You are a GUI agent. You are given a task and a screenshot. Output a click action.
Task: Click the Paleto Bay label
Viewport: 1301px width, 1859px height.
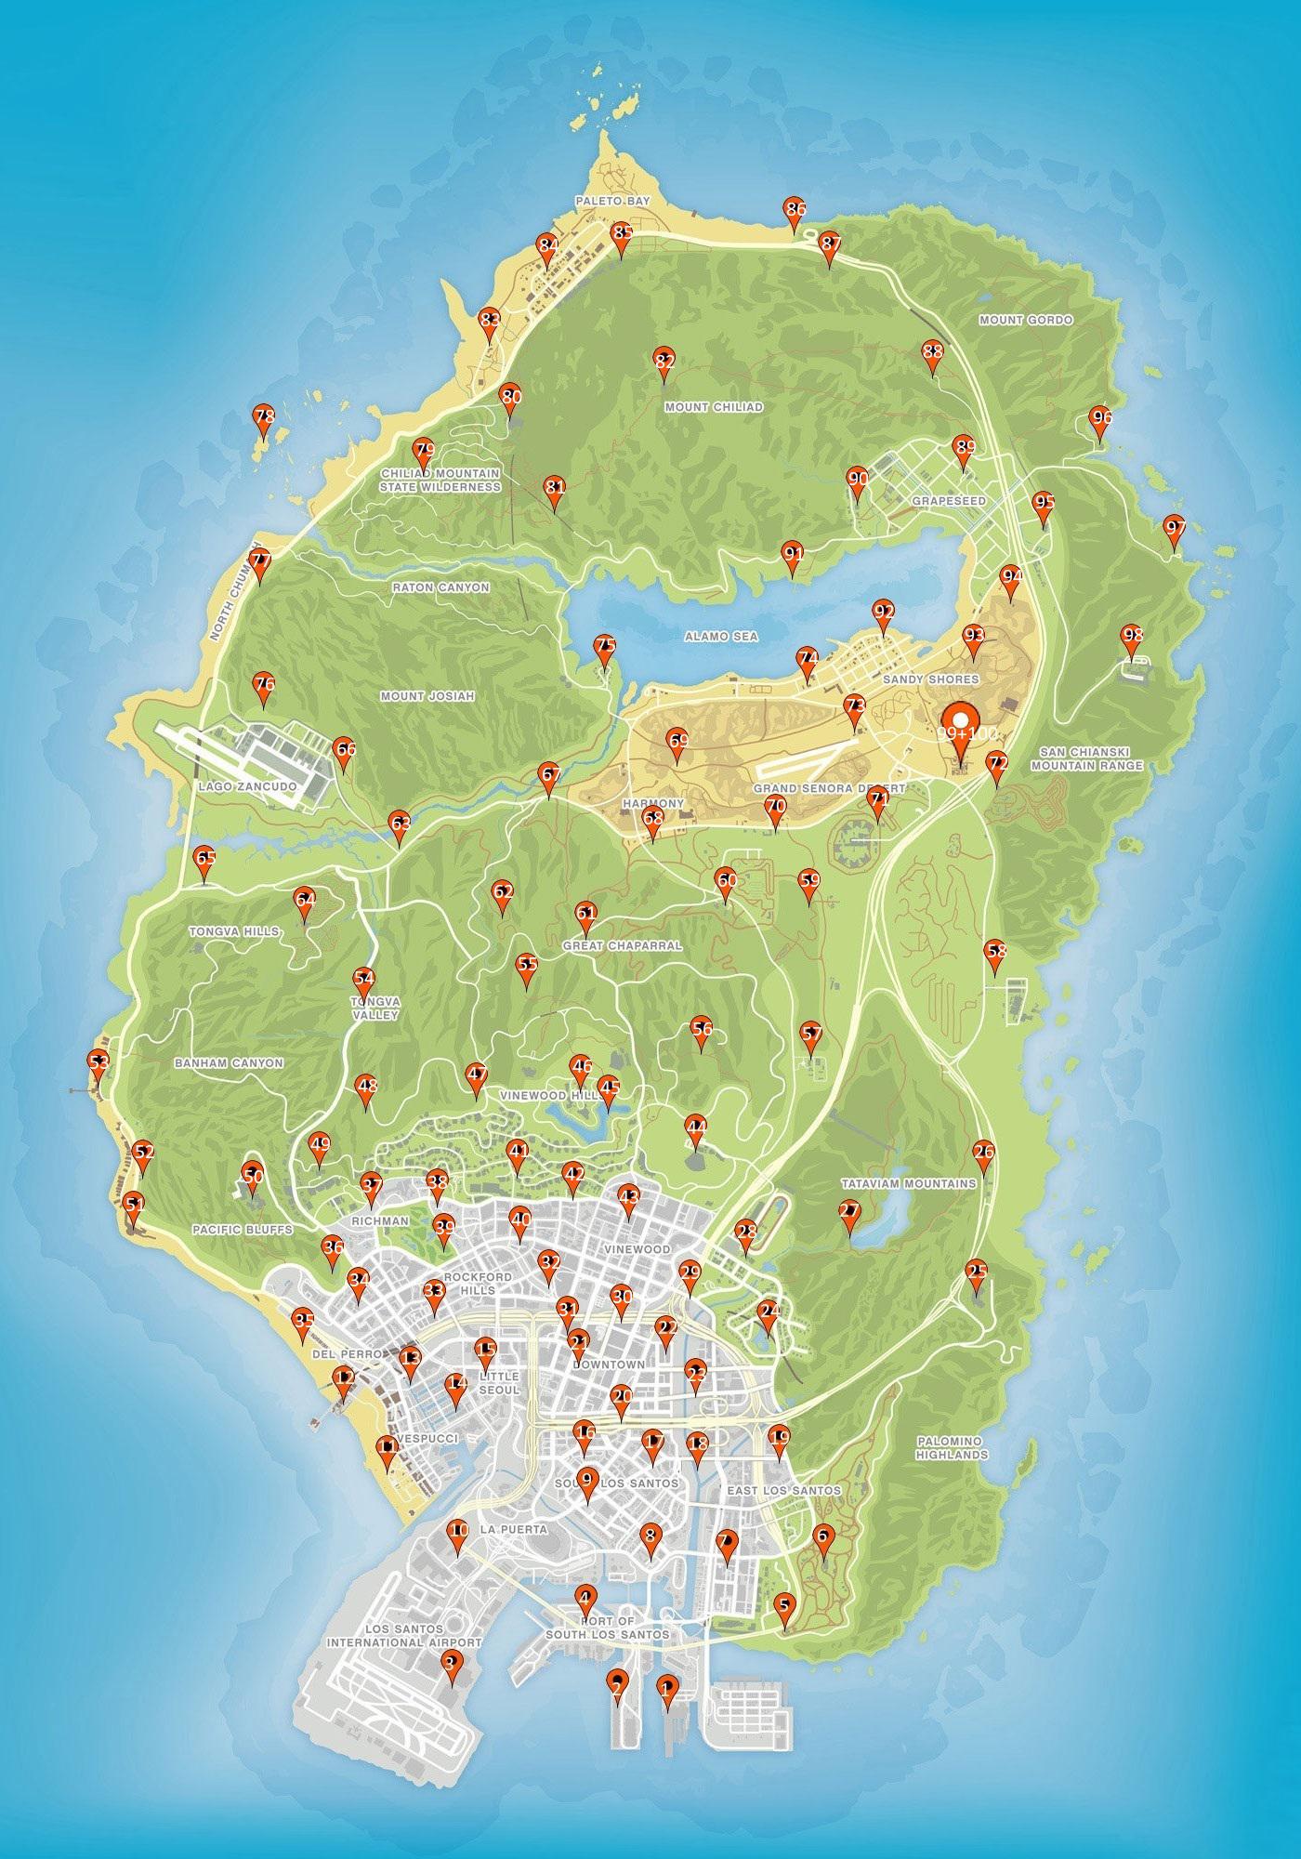tap(612, 201)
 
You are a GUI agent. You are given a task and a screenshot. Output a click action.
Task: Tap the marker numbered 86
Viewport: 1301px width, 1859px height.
tap(795, 210)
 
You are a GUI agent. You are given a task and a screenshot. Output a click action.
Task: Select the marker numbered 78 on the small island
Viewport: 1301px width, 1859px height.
tap(264, 419)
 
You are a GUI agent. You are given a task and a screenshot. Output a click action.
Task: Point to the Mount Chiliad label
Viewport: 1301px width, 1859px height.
tap(714, 407)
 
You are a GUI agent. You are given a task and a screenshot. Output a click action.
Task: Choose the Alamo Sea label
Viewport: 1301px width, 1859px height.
tap(721, 637)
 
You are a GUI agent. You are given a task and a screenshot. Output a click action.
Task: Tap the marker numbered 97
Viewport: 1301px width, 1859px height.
tap(1175, 529)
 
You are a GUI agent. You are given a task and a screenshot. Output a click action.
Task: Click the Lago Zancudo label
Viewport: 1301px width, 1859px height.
tap(247, 786)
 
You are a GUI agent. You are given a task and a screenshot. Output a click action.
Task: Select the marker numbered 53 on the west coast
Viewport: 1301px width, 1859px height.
tap(97, 1062)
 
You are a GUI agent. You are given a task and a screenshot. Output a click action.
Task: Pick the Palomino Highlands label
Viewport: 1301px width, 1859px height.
tap(951, 1447)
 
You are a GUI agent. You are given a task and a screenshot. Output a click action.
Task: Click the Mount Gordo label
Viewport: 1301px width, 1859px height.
tap(1026, 320)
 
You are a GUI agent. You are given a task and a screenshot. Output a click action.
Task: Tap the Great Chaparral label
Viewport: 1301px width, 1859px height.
tap(622, 945)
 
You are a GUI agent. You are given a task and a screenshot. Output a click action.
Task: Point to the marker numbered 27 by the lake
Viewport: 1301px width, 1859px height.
tap(848, 1213)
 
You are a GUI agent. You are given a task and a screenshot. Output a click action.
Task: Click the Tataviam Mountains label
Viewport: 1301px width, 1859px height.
tap(908, 1183)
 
